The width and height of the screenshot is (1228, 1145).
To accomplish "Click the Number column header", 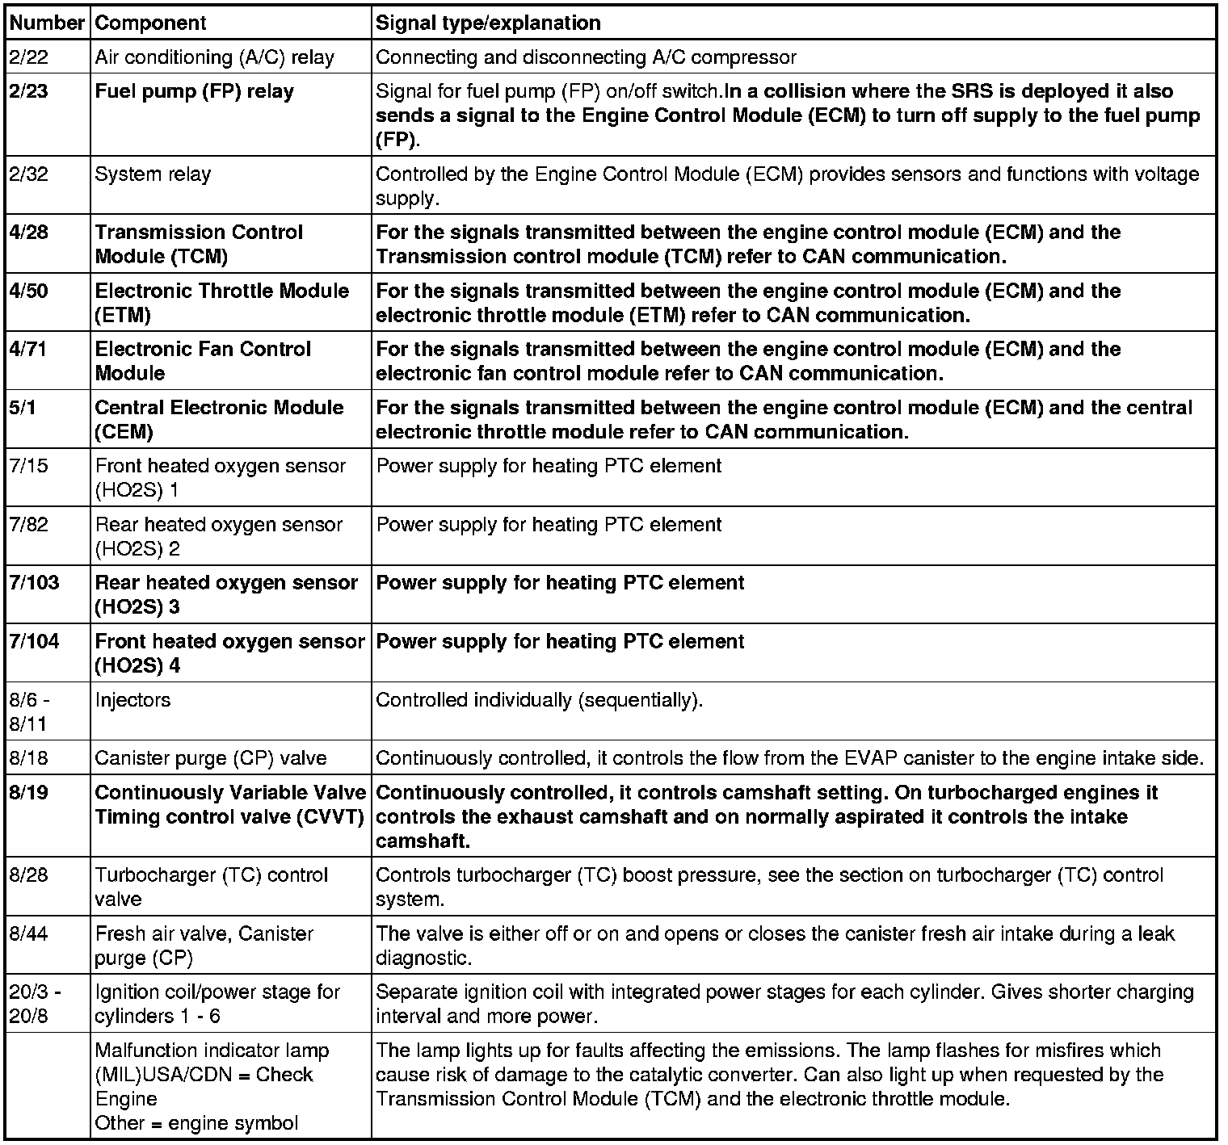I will (46, 23).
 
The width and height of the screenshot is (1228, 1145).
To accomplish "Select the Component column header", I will (151, 23).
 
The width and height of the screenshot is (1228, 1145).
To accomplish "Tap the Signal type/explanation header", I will (488, 23).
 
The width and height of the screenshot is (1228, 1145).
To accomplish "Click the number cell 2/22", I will (28, 57).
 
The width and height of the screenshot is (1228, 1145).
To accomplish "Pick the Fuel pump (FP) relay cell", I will (194, 91).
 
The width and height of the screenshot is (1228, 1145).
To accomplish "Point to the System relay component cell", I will (153, 174).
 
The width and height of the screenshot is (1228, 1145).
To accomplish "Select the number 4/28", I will (28, 233).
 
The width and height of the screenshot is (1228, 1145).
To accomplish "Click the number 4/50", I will (28, 291).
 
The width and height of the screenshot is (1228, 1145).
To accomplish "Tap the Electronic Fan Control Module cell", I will (203, 361).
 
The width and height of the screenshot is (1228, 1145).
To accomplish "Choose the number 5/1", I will (23, 408).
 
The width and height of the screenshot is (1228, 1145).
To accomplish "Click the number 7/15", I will (28, 466).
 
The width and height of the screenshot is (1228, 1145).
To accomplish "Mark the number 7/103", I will (34, 583).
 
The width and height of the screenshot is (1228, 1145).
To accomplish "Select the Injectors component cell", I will (132, 700).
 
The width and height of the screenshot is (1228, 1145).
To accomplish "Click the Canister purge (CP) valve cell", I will (211, 758).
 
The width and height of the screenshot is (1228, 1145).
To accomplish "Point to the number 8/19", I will (28, 793).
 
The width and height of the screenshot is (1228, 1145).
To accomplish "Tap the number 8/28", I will (28, 875).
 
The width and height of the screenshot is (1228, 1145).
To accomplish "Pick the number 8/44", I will (28, 934).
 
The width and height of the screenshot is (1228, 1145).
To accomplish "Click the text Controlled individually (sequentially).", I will (540, 700).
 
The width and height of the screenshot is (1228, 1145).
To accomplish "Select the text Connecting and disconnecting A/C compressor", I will (587, 57).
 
